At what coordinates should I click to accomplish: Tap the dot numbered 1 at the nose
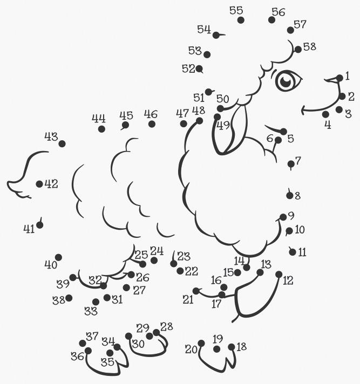click(x=339, y=78)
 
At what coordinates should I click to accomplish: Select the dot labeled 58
click(x=298, y=50)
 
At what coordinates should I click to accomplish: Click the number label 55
click(x=236, y=11)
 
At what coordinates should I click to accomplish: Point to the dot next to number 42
click(x=39, y=184)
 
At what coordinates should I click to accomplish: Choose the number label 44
click(x=99, y=119)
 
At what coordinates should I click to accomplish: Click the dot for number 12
click(x=279, y=275)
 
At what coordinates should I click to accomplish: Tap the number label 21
click(x=188, y=299)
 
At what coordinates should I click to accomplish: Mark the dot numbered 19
click(x=216, y=349)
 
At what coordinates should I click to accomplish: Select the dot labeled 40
click(x=58, y=257)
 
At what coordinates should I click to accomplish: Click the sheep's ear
click(x=229, y=129)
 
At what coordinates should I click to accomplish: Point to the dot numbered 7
click(x=291, y=164)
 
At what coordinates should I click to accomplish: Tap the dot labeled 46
click(x=152, y=124)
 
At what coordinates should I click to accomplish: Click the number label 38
click(x=59, y=300)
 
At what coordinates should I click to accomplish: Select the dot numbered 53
click(x=207, y=54)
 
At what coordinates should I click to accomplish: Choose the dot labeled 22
click(x=180, y=271)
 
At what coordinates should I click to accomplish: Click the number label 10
click(x=300, y=230)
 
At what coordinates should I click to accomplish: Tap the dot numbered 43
click(x=62, y=144)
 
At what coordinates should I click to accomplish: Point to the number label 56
click(x=279, y=12)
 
